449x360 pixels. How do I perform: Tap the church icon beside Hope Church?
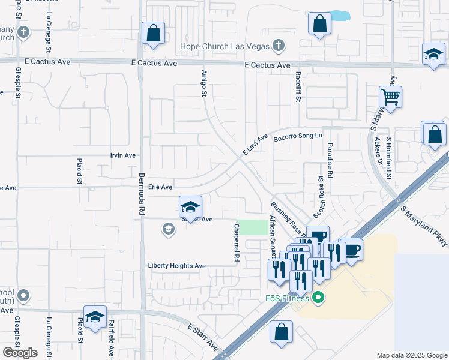coord(278,45)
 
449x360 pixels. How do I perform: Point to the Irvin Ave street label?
coord(123,155)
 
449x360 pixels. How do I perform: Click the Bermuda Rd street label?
coord(142,194)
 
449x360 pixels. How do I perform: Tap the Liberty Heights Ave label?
coord(177,266)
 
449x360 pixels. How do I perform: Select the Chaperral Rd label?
coord(237,242)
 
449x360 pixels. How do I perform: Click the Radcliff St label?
coord(298,85)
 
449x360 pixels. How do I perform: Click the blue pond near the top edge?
coord(340,16)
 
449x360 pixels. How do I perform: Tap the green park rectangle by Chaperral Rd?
coord(255,227)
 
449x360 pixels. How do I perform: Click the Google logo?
coord(20,353)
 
